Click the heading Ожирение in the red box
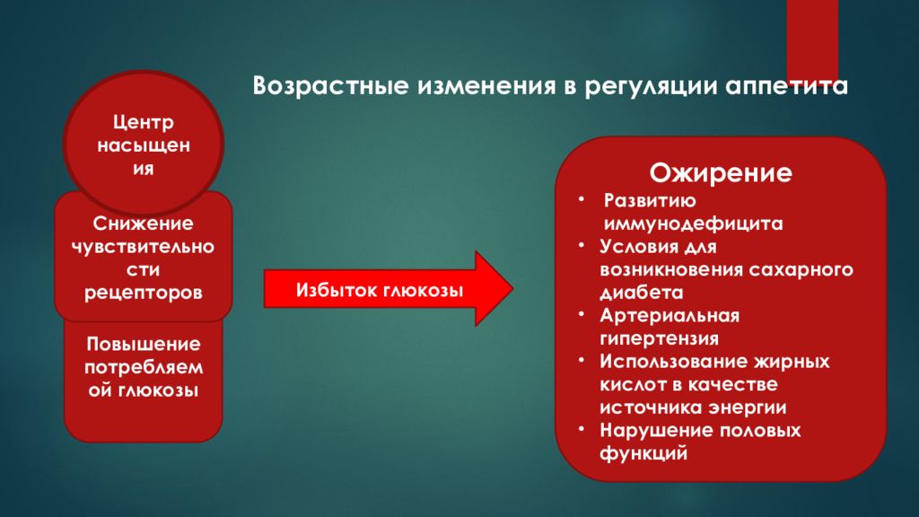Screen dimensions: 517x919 [721, 172]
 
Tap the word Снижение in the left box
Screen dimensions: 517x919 [144, 222]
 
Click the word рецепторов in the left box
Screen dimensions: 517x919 [144, 292]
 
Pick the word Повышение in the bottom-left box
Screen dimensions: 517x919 [144, 345]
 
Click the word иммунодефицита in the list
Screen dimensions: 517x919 [693, 223]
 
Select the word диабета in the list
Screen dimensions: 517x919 [642, 293]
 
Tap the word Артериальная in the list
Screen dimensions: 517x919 [670, 316]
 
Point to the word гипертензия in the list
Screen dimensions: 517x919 [660, 339]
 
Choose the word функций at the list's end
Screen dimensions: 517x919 [644, 454]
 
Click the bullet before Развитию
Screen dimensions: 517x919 [581, 199]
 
